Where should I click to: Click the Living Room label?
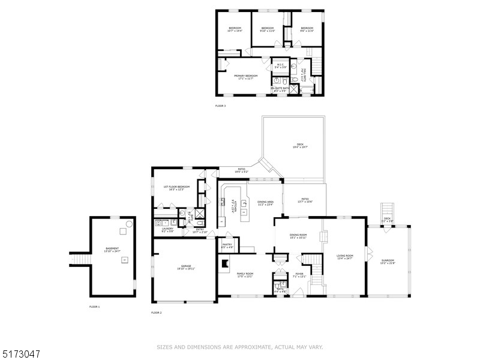click(344, 257)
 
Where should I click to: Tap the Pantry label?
click(227, 245)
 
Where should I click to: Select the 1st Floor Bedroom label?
click(176, 188)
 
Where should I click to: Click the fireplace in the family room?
click(225, 262)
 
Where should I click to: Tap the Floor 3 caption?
click(220, 106)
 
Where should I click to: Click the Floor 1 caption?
click(94, 307)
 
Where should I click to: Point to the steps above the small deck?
click(387, 211)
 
